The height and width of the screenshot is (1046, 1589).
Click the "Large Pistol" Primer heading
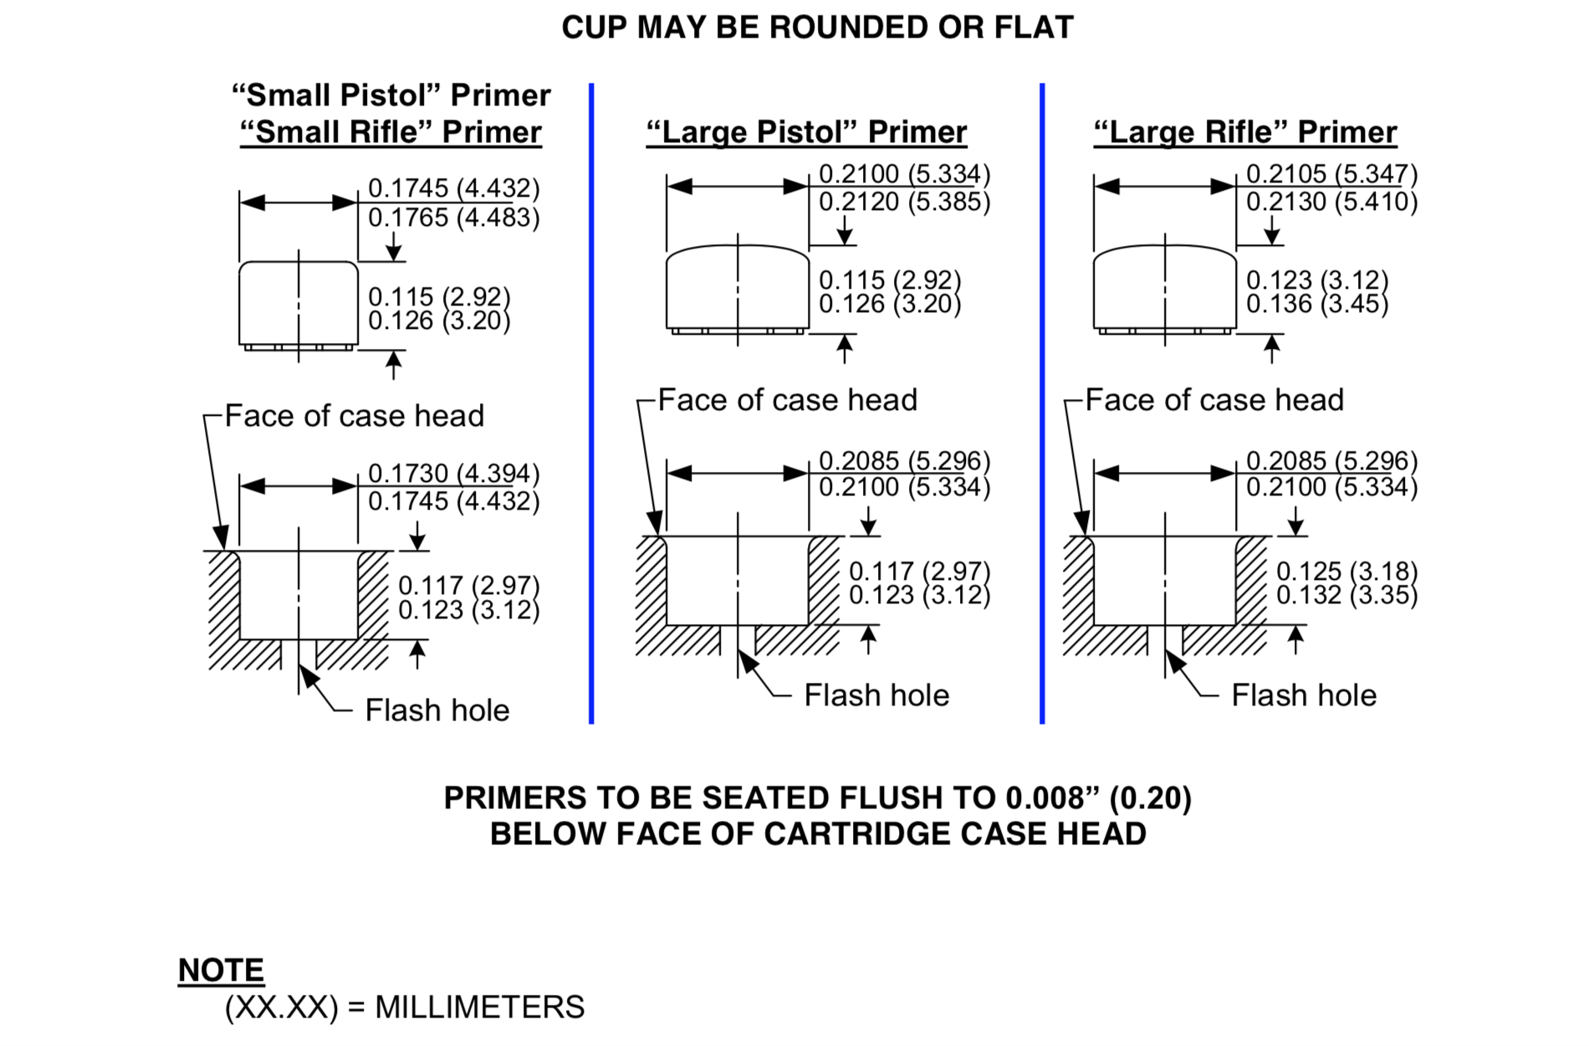(x=806, y=132)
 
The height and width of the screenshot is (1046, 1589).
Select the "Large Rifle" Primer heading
(x=1245, y=132)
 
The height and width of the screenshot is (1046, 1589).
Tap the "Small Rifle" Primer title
(x=391, y=132)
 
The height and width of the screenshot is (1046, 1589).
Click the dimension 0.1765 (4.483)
(x=453, y=218)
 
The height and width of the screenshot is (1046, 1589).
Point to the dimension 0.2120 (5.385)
(x=904, y=202)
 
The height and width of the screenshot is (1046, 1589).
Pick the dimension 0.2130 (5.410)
(x=1331, y=202)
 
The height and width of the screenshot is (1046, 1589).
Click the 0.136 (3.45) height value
(x=1316, y=304)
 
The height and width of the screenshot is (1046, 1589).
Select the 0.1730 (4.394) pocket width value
(x=453, y=474)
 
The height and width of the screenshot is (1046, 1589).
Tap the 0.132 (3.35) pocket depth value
(x=1346, y=595)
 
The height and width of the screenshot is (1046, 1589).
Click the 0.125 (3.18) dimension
(x=1346, y=572)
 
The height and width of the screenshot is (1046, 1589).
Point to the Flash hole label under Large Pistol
(x=876, y=695)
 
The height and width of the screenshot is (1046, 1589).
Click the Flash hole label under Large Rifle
(x=1304, y=695)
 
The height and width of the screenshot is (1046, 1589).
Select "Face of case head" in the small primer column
(x=355, y=416)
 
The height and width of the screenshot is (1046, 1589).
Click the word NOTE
(x=221, y=971)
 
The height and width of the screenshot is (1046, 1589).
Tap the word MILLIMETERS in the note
(x=479, y=1008)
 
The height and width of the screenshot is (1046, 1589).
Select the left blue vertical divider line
(x=591, y=402)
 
